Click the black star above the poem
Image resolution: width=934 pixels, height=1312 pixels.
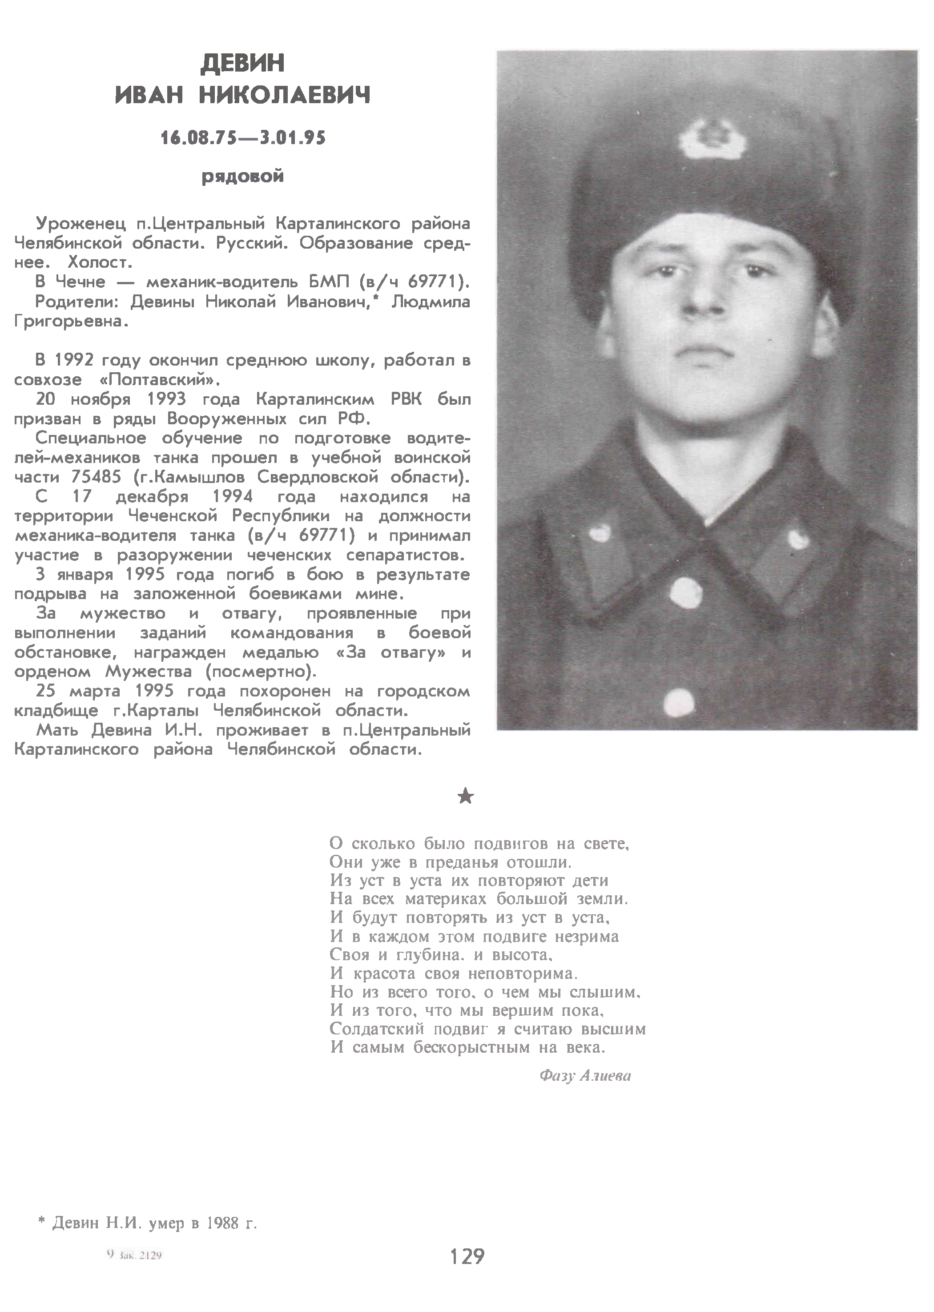click(466, 796)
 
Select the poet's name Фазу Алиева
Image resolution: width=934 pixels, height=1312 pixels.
click(585, 1076)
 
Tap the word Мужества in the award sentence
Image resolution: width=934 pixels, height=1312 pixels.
click(149, 672)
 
